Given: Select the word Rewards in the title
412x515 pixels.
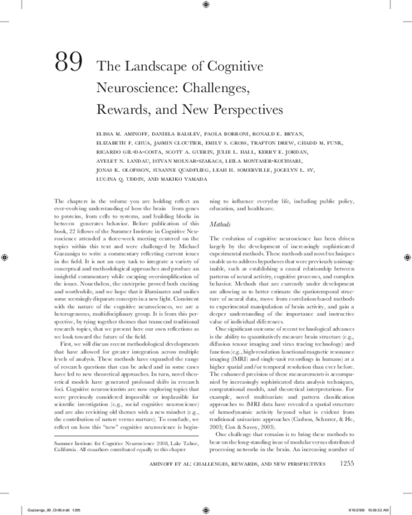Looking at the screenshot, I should (x=126, y=108).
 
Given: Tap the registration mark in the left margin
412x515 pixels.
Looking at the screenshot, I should (x=5, y=257).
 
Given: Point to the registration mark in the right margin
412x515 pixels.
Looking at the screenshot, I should (x=406, y=257).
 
